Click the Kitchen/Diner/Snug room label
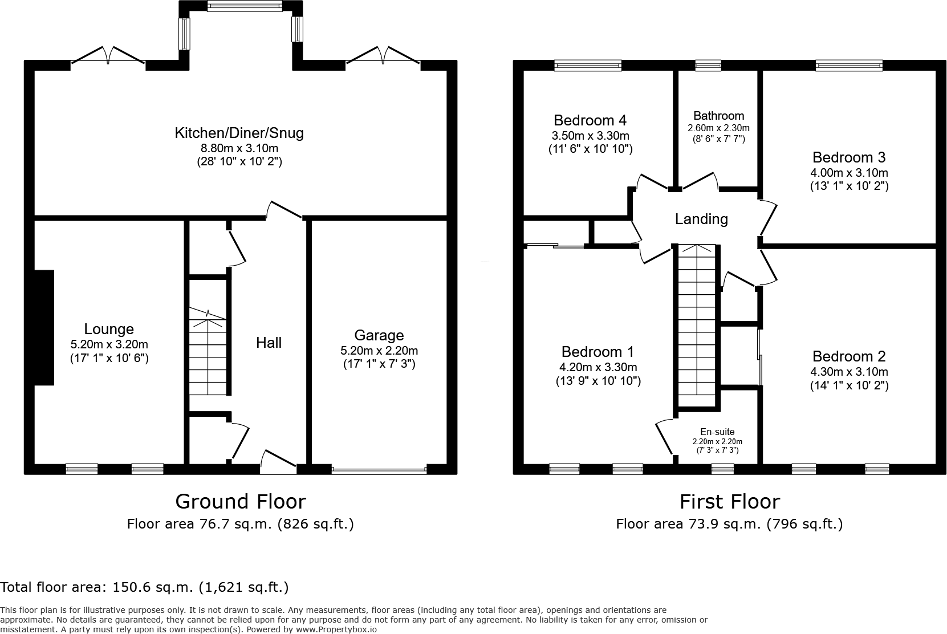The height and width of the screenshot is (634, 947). tap(239, 133)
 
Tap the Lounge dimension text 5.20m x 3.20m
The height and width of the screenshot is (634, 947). tap(109, 344)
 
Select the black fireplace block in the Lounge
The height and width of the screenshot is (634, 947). tap(44, 327)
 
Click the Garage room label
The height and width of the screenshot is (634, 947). tap(379, 335)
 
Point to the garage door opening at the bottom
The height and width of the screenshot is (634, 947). tap(379, 470)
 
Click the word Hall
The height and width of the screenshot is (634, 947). tap(269, 343)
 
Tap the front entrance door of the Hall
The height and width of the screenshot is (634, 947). tap(278, 462)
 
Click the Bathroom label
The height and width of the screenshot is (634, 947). tap(718, 116)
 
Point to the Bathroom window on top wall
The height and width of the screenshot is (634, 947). tap(708, 66)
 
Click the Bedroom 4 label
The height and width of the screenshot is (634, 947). tap(590, 120)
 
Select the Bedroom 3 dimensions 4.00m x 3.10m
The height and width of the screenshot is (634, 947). tap(849, 173)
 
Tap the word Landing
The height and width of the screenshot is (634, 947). tap(701, 219)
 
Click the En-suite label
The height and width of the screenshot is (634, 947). tap(717, 432)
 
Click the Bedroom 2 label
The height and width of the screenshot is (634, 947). tap(849, 356)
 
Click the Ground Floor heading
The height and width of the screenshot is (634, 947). tap(240, 501)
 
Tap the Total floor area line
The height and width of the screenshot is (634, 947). tap(144, 587)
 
